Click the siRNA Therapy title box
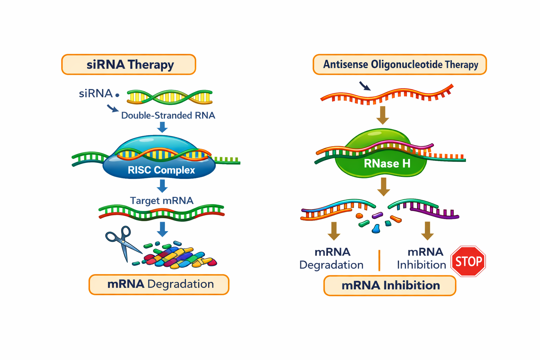[129, 65]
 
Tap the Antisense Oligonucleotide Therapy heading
[400, 65]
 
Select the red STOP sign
[468, 261]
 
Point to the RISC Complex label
[161, 170]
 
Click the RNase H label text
[387, 163]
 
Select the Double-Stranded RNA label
[168, 115]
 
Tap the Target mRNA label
[162, 200]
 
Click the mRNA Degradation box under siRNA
[159, 284]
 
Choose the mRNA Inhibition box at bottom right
[390, 285]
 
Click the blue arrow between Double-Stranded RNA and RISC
[162, 127]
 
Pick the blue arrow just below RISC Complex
[162, 186]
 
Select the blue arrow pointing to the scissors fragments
[162, 229]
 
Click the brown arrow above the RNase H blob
[382, 115]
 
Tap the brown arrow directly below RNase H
[384, 186]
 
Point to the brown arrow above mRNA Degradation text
[334, 231]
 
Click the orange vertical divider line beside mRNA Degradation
[379, 260]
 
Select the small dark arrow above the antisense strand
[365, 86]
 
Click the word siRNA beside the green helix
[96, 94]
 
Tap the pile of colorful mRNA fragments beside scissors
[179, 257]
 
